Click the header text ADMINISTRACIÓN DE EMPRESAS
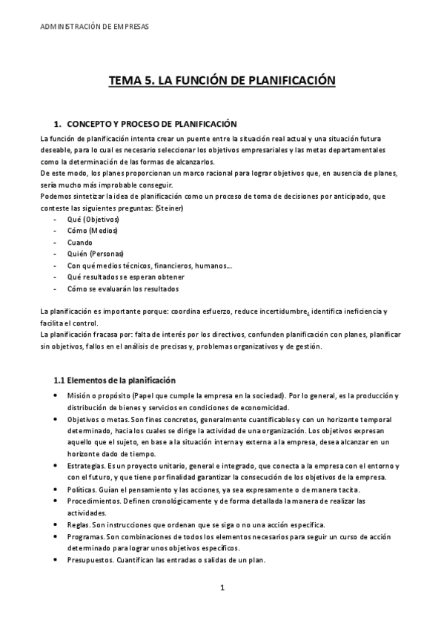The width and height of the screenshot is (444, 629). [x=93, y=26]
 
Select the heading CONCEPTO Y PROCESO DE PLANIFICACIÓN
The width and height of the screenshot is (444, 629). [x=151, y=123]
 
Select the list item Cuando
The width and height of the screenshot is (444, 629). [x=79, y=243]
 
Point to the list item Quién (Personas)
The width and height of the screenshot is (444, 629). [x=95, y=254]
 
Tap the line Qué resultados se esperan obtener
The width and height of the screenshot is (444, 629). [x=125, y=277]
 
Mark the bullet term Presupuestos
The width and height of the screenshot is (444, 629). [x=90, y=559]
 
